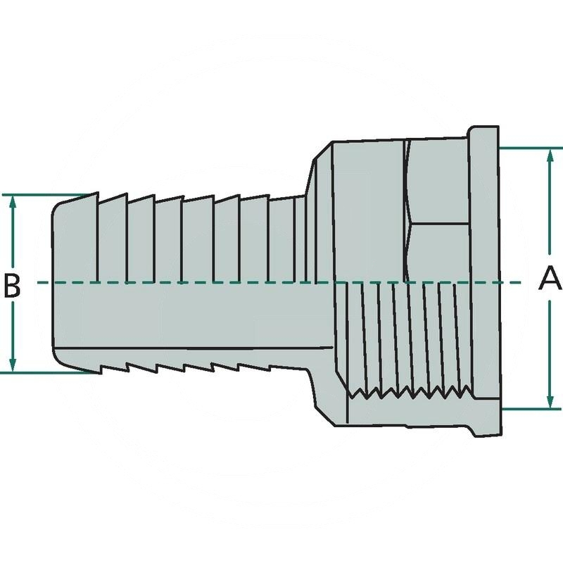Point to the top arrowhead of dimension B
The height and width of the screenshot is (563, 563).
[x=12, y=201]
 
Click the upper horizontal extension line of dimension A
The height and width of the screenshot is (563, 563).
[x=528, y=148]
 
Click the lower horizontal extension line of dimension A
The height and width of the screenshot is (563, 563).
[x=528, y=409]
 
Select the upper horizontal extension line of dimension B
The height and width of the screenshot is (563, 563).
[x=42, y=195]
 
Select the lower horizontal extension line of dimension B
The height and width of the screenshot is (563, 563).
[x=42, y=372]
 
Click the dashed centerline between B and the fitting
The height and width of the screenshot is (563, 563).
[x=39, y=283]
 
